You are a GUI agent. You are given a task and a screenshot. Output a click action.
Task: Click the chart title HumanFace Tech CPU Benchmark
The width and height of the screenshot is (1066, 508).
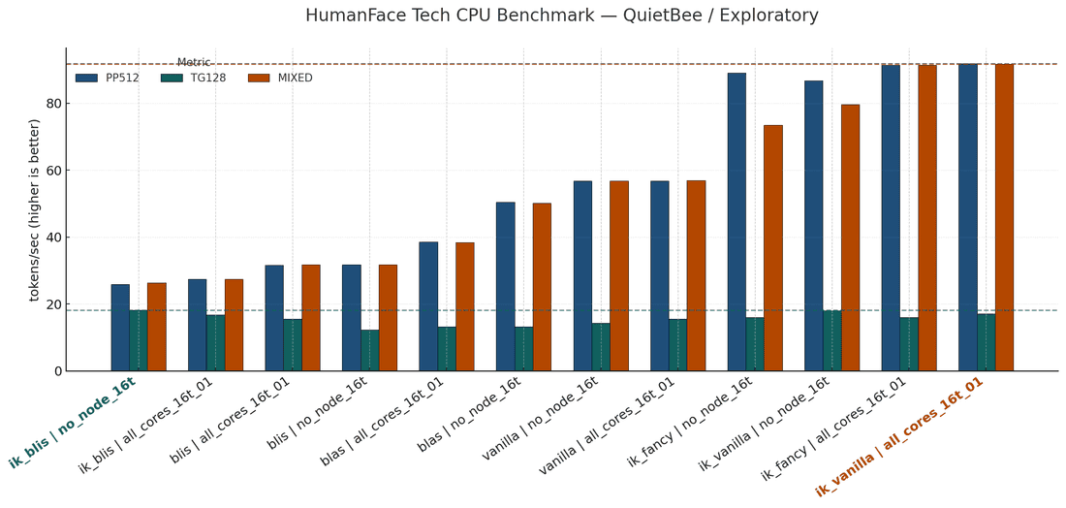point(561,16)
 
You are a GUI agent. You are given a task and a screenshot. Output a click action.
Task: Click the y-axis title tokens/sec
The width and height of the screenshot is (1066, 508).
point(35,209)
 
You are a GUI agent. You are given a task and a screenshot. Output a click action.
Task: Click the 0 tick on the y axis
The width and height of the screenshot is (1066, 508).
point(56,371)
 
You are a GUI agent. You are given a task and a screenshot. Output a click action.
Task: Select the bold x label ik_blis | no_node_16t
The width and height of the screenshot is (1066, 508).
point(74,423)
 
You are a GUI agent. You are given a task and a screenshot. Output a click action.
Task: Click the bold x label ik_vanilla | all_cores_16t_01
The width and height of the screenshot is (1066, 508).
point(901,436)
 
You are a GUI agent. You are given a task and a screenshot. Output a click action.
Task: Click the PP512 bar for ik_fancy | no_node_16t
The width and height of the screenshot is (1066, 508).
point(737,222)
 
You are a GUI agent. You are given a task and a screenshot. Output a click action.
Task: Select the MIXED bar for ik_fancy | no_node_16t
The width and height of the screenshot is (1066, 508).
point(773,248)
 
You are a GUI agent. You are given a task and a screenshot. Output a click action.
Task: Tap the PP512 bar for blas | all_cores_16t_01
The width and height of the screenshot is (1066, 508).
point(428,306)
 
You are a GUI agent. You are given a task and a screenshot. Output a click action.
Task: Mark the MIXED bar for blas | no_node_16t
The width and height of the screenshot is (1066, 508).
point(542,287)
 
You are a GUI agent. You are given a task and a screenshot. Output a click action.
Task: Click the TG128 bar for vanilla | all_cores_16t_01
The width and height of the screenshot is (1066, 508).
point(678,345)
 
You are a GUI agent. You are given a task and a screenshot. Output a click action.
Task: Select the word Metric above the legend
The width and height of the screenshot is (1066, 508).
point(193,63)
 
